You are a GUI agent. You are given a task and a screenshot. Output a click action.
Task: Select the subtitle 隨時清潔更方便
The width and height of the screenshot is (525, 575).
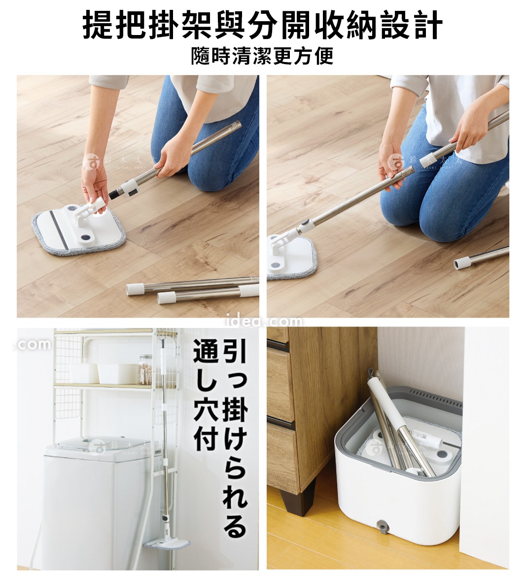[x=262, y=55]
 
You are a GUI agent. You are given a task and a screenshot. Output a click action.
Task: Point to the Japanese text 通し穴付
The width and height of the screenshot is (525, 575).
[x=205, y=395]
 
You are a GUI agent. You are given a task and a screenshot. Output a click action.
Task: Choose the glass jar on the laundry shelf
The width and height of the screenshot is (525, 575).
[x=145, y=369]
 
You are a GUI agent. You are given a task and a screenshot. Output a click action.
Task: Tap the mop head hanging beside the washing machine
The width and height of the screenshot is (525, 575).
[x=167, y=543]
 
